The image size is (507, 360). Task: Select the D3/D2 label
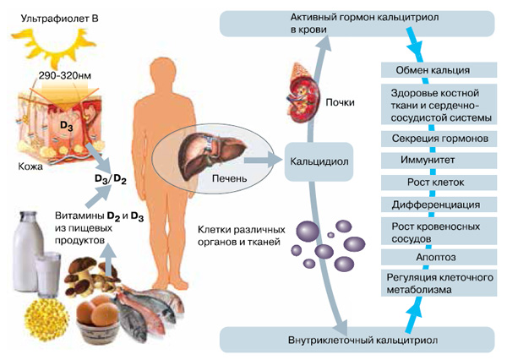[x=110, y=179]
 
